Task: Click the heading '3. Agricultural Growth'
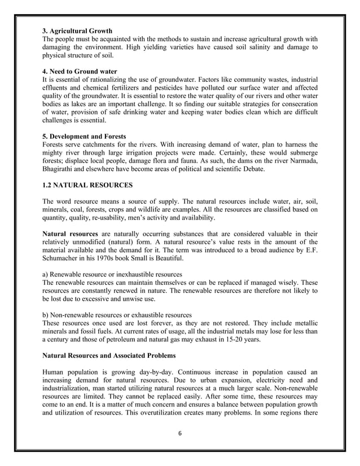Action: click(77, 30)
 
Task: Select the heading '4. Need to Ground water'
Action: click(80, 72)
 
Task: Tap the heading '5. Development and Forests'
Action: click(85, 137)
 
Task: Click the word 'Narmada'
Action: click(301, 162)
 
